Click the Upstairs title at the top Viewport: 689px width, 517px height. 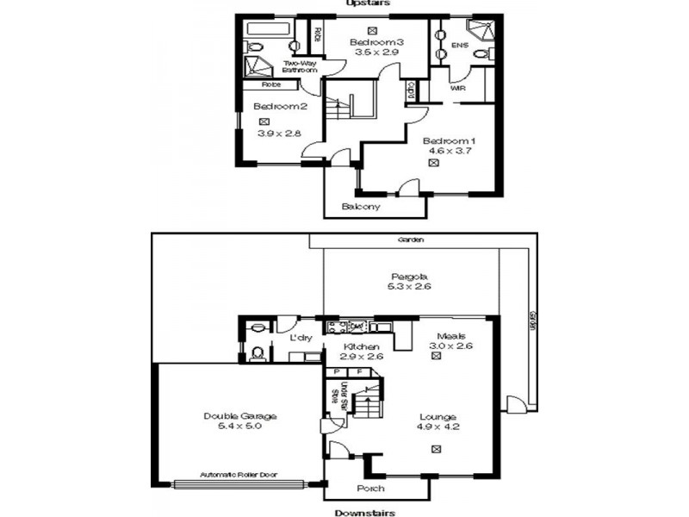pyautogui.click(x=367, y=3)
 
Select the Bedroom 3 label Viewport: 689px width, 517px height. pyautogui.click(x=376, y=42)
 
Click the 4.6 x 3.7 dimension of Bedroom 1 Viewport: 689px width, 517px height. pyautogui.click(x=447, y=150)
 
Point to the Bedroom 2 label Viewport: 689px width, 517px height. pyautogui.click(x=280, y=106)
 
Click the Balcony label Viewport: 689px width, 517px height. pyautogui.click(x=361, y=207)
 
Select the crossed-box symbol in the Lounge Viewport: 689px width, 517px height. pyautogui.click(x=437, y=447)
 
